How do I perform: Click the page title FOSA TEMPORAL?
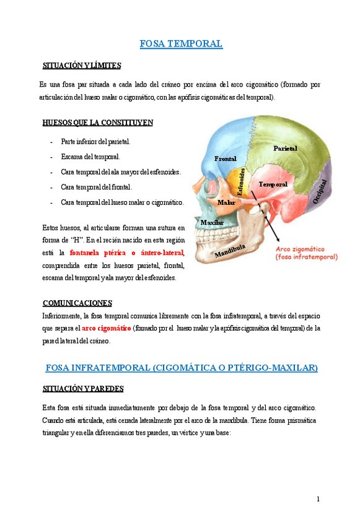pos(181,44)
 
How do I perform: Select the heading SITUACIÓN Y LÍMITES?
pos(81,66)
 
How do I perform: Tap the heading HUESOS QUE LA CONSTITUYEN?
pos(97,123)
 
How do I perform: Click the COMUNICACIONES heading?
pos(77,303)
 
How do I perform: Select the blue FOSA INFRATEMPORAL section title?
pos(182,368)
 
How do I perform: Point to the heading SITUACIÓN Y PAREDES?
pos(82,389)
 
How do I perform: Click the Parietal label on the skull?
pos(285,149)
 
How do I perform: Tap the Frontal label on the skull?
pos(225,159)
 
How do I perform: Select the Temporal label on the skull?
pos(273,184)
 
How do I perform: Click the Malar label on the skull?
pos(226,202)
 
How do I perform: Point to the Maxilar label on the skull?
pos(212,222)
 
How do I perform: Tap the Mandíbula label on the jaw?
pos(230,250)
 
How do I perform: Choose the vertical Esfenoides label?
pos(242,182)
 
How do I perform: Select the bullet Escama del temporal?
pos(90,157)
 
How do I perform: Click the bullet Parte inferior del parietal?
pos(95,142)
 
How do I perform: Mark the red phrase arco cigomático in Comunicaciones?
pos(106,328)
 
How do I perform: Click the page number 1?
pos(318,499)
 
